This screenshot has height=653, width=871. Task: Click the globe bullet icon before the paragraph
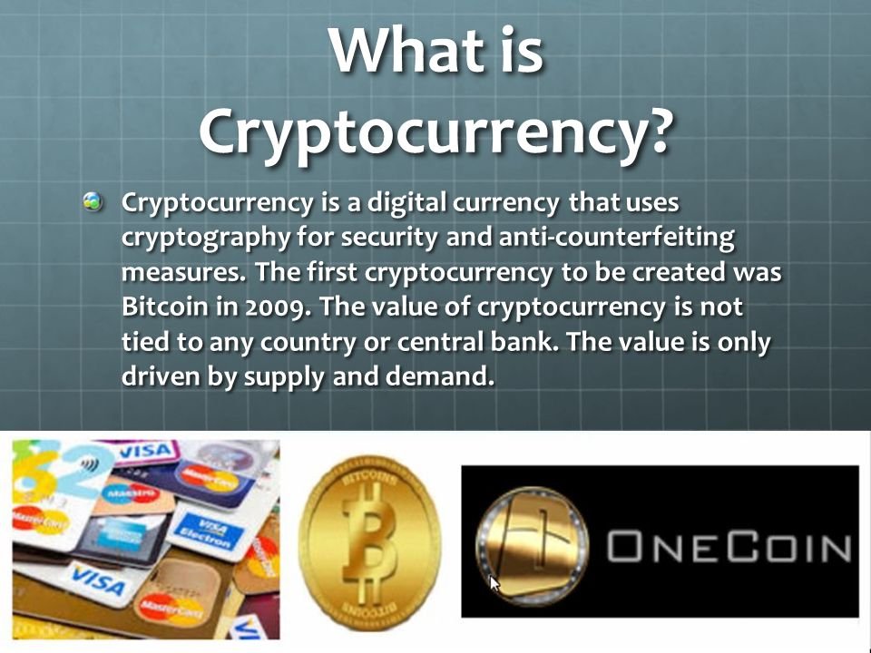(93, 201)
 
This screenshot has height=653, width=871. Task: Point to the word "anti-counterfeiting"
(617, 237)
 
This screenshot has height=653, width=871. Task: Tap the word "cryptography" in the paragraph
(206, 239)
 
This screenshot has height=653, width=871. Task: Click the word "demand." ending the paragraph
(439, 375)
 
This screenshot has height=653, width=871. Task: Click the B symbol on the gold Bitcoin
(368, 542)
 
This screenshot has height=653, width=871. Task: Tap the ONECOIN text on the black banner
(729, 547)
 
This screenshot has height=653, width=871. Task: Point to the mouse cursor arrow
(494, 584)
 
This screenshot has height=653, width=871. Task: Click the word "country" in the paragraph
(308, 343)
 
